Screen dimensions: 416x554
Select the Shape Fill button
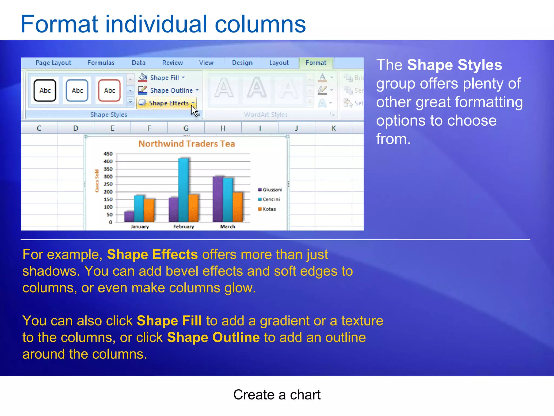(162, 78)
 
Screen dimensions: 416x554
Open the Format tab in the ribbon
(316, 63)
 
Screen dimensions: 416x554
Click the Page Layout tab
(53, 63)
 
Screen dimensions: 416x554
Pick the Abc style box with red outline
(109, 90)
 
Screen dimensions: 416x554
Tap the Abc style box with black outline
(45, 90)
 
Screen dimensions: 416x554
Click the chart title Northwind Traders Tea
(187, 144)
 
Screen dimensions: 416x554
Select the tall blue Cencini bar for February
(184, 190)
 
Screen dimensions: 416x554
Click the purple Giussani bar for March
(218, 199)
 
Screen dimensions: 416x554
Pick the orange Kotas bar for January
(149, 210)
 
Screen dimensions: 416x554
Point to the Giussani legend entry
(270, 190)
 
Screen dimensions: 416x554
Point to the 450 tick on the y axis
(108, 154)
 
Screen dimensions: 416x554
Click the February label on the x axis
(184, 227)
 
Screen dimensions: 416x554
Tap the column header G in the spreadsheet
(186, 128)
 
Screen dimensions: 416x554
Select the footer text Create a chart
(277, 395)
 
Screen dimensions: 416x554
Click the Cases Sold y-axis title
(97, 181)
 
